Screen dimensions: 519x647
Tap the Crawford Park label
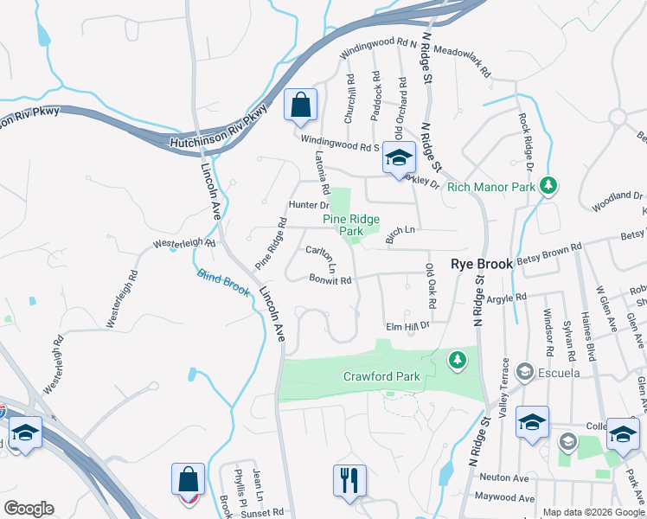point(381,376)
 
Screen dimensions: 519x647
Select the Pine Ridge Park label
point(355,226)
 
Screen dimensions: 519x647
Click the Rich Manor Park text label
point(490,186)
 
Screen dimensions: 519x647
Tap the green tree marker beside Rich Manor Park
point(547,185)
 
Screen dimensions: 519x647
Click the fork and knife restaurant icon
point(349,480)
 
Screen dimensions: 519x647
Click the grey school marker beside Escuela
point(524,372)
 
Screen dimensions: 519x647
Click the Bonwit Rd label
point(330,279)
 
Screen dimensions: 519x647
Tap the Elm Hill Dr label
point(407,327)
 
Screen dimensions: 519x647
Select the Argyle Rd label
point(507,298)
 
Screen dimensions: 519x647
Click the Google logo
point(28,509)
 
